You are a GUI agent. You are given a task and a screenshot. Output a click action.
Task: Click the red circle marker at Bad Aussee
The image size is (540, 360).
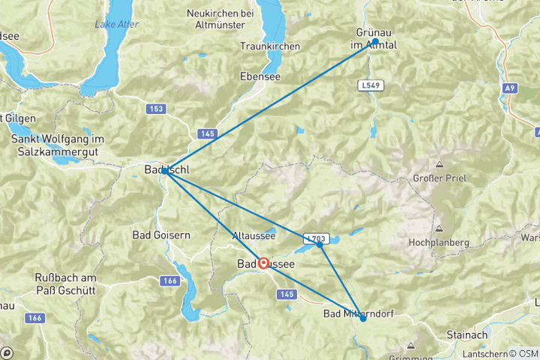point(263,263)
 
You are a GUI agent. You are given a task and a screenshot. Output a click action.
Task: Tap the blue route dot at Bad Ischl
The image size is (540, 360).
point(164,170)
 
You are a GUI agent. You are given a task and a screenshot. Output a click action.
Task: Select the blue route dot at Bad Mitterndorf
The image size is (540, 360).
point(363,319)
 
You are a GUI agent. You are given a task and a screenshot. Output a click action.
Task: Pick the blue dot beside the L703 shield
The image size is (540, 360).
point(319,244)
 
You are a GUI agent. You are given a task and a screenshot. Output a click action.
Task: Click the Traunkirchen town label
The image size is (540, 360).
point(270,46)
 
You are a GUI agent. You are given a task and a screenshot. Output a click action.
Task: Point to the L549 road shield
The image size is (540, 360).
point(370,85)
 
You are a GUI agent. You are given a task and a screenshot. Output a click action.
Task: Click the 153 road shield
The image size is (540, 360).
point(155,109)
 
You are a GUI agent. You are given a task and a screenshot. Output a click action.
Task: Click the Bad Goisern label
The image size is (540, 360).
point(160,235)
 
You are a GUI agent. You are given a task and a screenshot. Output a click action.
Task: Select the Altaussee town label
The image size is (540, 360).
point(254,235)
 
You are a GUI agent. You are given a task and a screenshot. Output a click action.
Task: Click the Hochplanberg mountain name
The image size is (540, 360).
point(439,243)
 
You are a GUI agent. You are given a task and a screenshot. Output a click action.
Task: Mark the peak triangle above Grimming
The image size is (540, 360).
point(411,345)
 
